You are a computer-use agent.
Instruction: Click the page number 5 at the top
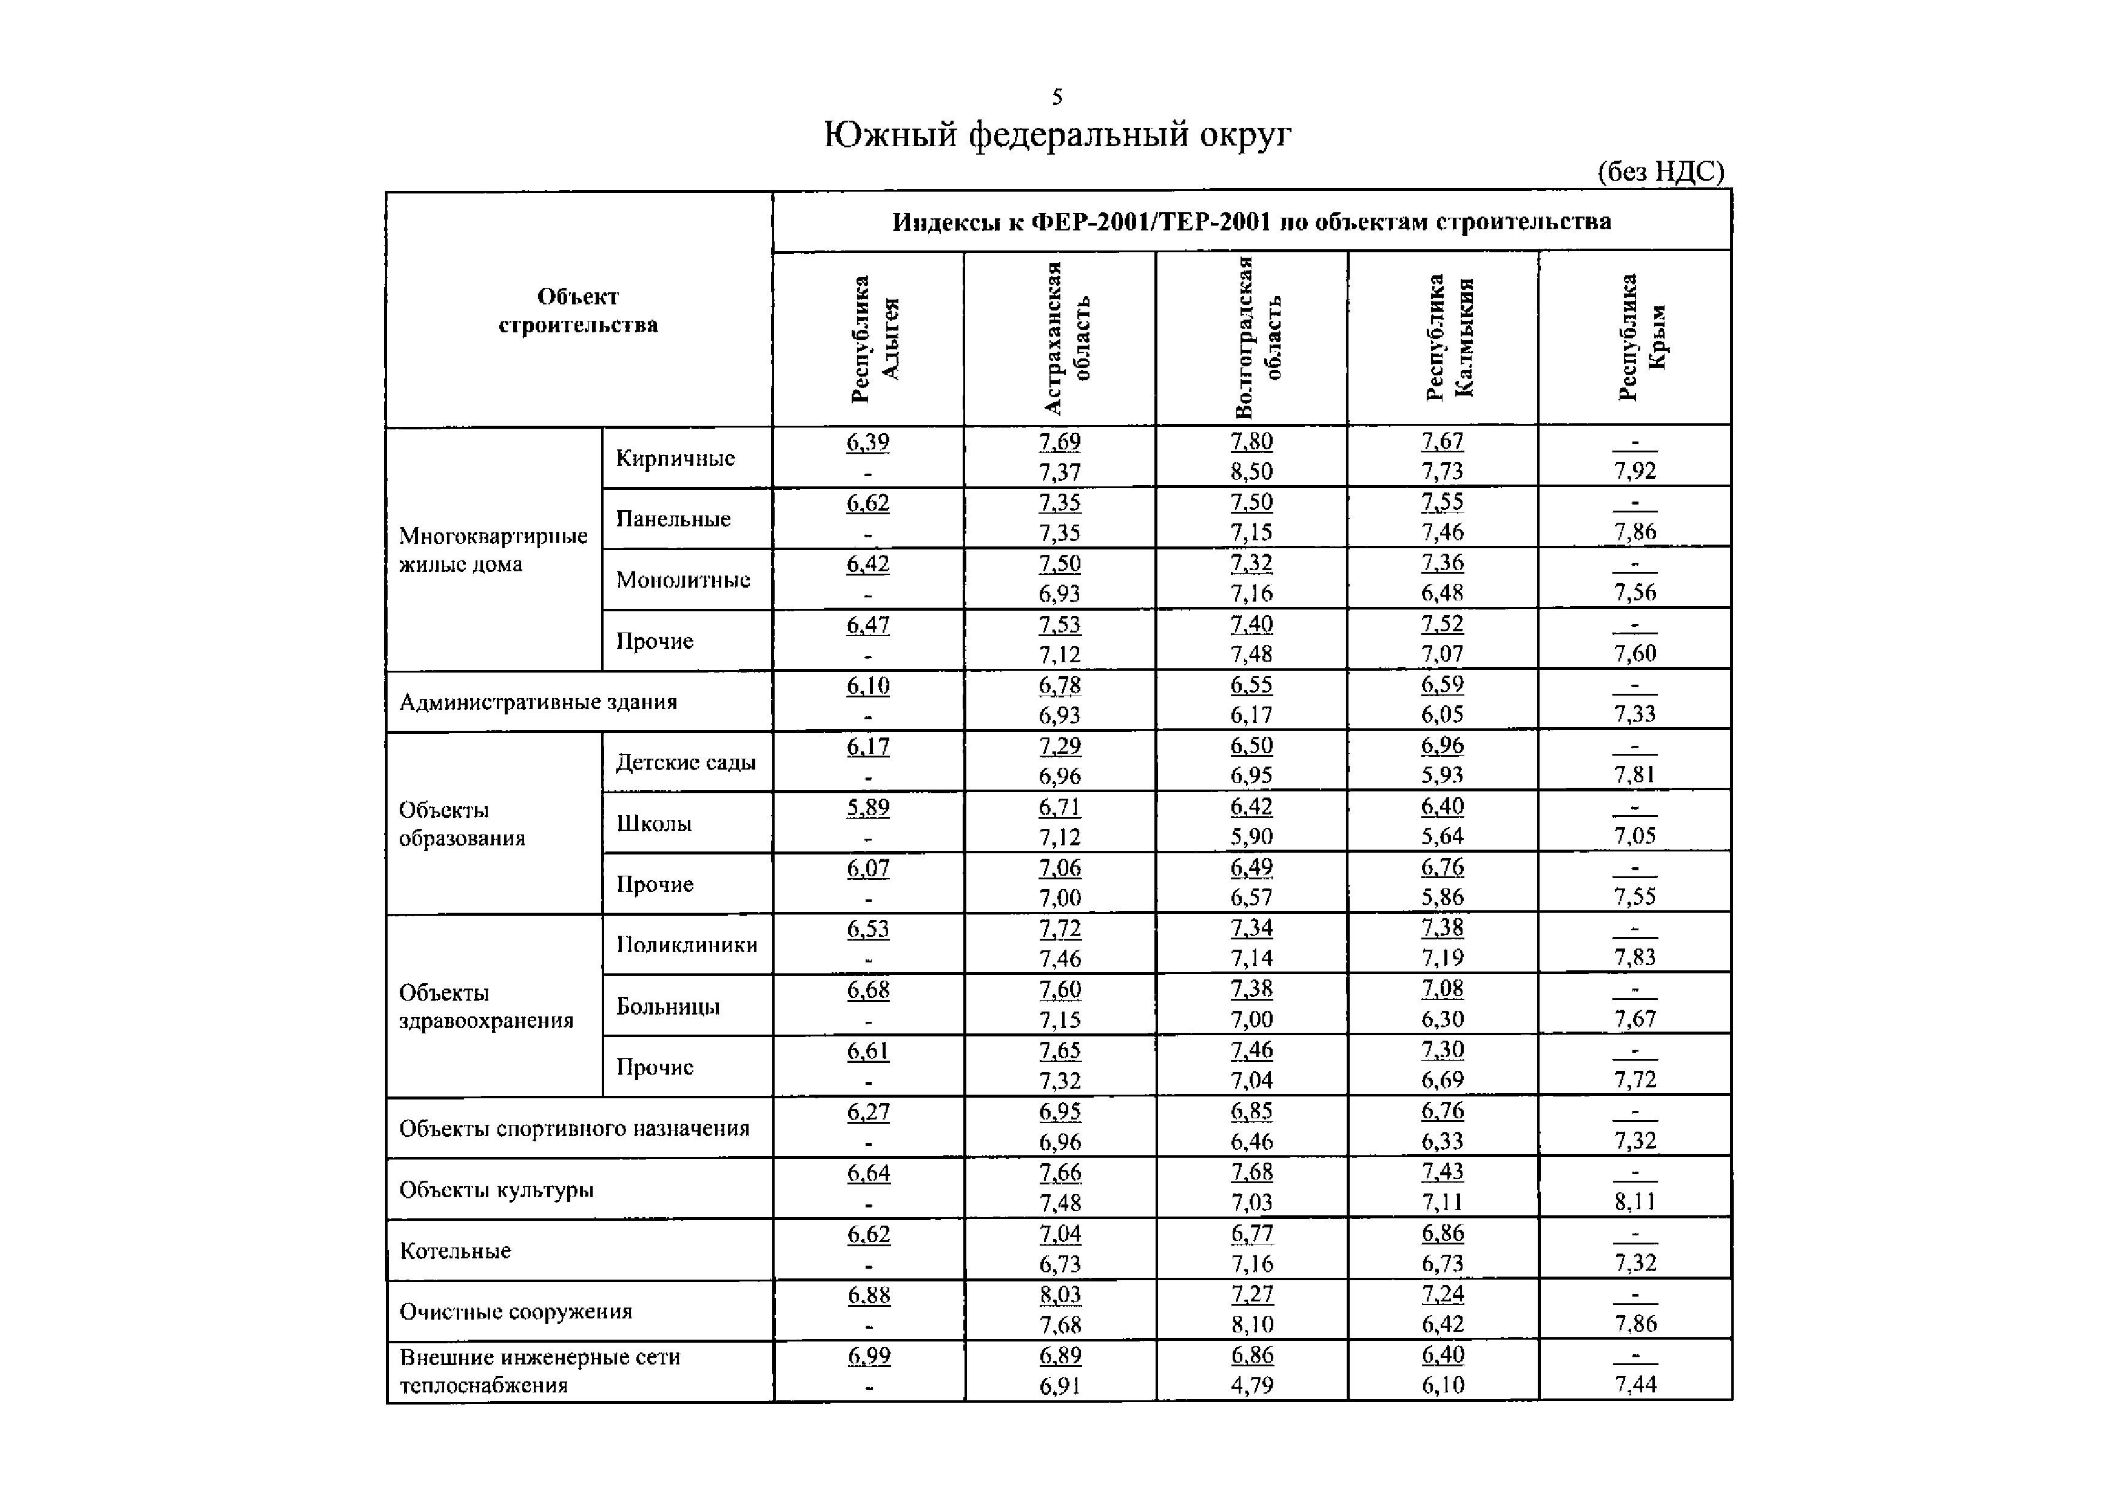pyautogui.click(x=1057, y=96)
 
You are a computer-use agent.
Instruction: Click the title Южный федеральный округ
pyautogui.click(x=1057, y=135)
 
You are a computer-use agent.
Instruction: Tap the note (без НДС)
pyautogui.click(x=1660, y=172)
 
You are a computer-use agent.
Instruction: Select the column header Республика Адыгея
pyautogui.click(x=873, y=339)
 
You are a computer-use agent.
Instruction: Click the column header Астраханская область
pyautogui.click(x=1066, y=339)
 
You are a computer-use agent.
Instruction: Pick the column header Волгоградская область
pyautogui.click(x=1257, y=339)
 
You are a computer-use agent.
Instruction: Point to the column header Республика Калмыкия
pyautogui.click(x=1449, y=339)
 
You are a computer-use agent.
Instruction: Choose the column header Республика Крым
pyautogui.click(x=1641, y=339)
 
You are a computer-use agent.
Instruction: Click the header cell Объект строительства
pyautogui.click(x=577, y=311)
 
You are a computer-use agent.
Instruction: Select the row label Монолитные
pyautogui.click(x=683, y=580)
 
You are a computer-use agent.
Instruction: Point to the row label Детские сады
pyautogui.click(x=686, y=763)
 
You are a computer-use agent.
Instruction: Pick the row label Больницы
pyautogui.click(x=667, y=1006)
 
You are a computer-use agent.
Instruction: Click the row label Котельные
pyautogui.click(x=455, y=1251)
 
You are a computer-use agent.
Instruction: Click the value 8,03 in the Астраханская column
pyautogui.click(x=1059, y=1295)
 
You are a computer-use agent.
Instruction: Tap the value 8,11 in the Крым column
pyautogui.click(x=1634, y=1202)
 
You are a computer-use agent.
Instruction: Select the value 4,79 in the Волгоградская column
pyautogui.click(x=1251, y=1385)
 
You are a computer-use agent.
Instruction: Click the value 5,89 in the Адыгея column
pyautogui.click(x=867, y=807)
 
